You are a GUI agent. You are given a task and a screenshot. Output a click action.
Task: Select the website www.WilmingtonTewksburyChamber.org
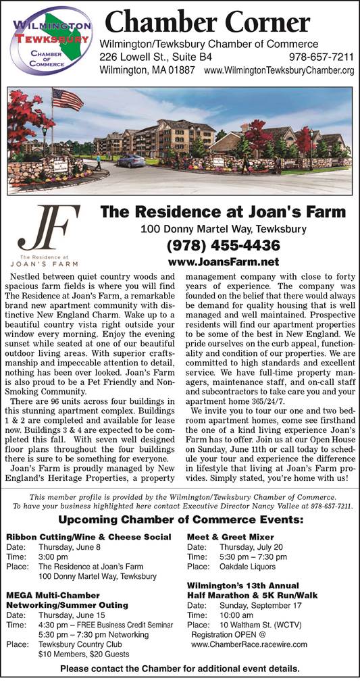pos(279,70)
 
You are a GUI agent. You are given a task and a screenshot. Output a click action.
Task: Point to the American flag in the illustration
pos(67,100)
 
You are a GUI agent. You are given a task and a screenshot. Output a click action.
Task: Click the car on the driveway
pos(130,161)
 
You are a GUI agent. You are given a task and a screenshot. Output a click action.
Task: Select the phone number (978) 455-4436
pos(223,244)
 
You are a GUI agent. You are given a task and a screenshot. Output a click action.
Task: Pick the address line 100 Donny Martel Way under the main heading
pos(223,229)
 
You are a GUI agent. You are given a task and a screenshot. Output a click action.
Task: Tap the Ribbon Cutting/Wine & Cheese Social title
pos(88,537)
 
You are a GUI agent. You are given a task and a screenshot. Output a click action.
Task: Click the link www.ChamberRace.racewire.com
pos(249,644)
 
